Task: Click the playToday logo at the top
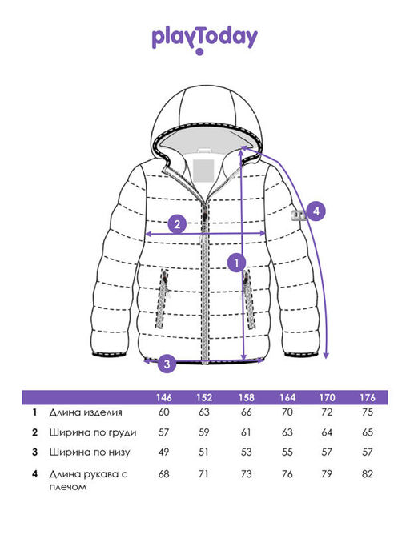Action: [205, 40]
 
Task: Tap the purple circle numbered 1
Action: [237, 263]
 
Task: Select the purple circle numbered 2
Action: [177, 224]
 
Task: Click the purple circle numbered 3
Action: [167, 364]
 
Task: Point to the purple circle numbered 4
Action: [316, 211]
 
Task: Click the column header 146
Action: [163, 397]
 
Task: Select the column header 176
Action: [368, 397]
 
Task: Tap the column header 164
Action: [287, 397]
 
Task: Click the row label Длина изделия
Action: [86, 412]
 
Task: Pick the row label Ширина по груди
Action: [93, 432]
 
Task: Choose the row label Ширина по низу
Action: [90, 452]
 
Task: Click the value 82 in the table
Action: [368, 474]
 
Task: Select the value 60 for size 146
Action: [163, 412]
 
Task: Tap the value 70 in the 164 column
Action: [287, 412]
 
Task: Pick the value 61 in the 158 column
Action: [246, 432]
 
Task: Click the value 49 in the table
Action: [163, 452]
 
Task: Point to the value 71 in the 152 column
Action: [203, 474]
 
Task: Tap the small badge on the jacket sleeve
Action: [299, 215]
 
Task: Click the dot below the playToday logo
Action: [199, 52]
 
